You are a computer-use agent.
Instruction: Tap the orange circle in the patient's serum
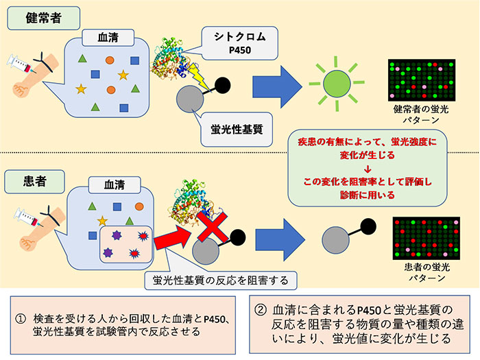(x=139, y=206)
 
